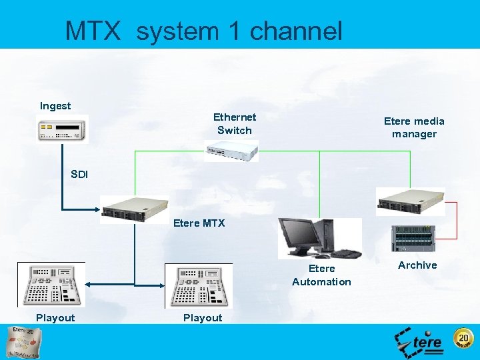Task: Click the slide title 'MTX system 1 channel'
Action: point(203,31)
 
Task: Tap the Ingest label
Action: point(55,106)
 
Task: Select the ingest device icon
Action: point(62,129)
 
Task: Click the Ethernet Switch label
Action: point(235,123)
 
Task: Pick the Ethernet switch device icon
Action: point(231,153)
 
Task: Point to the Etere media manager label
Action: point(414,127)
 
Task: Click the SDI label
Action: point(79,175)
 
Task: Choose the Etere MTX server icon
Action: point(134,209)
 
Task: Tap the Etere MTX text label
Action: point(199,223)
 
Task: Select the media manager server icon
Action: point(410,201)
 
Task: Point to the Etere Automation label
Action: point(321,275)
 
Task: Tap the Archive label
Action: point(417,265)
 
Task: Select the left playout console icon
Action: point(51,285)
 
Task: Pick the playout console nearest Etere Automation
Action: point(199,285)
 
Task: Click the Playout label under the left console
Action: point(55,318)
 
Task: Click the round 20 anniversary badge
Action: point(463,340)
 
